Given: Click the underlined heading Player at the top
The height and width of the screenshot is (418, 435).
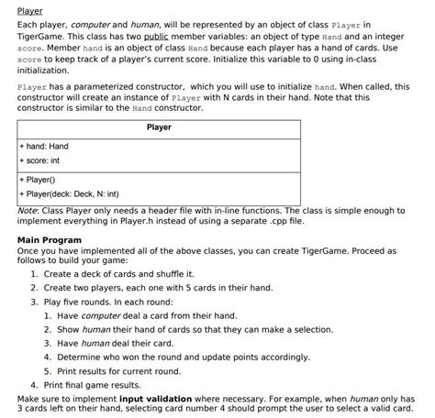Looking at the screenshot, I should click(x=30, y=10).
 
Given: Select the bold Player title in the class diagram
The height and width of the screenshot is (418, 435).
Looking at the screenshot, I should click(x=158, y=127).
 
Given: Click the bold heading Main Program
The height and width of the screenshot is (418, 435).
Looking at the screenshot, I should click(x=50, y=240).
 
